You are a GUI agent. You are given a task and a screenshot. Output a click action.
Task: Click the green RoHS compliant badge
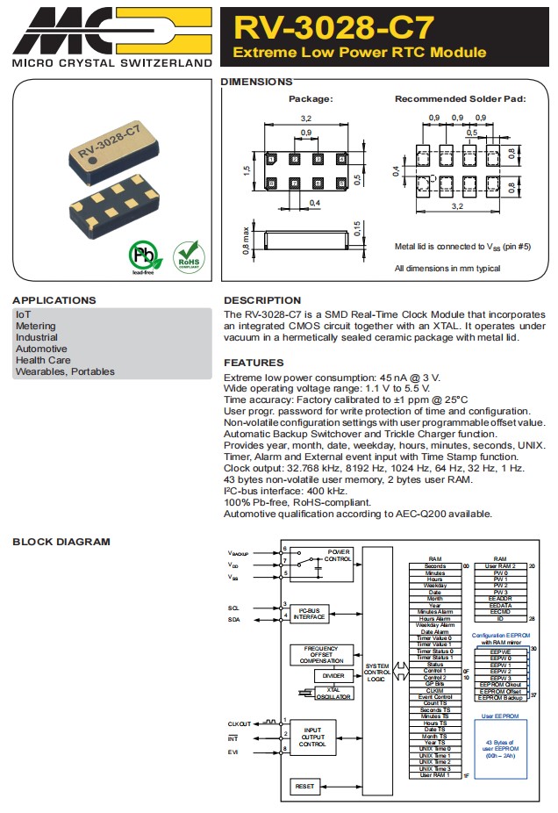tap(189, 256)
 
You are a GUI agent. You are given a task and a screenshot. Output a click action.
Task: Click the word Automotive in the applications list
tap(40, 349)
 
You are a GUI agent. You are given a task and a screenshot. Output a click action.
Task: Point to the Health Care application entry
tap(42, 360)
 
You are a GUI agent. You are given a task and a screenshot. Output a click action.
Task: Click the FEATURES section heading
tap(254, 363)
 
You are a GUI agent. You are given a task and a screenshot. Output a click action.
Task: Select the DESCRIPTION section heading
tap(262, 300)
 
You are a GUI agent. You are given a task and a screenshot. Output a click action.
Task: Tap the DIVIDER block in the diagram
tap(334, 676)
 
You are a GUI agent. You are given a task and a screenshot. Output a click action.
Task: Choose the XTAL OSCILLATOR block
tap(333, 694)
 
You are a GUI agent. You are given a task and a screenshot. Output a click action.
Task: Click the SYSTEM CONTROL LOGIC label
tap(377, 672)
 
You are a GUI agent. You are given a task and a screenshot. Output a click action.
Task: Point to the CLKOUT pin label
tap(240, 723)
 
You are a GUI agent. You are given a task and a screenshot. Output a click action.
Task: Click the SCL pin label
tap(233, 608)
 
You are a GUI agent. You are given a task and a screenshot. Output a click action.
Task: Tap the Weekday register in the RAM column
tap(435, 586)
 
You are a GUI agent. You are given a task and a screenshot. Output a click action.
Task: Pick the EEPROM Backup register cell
tap(500, 697)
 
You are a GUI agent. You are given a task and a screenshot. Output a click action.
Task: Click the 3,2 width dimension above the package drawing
tap(306, 117)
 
